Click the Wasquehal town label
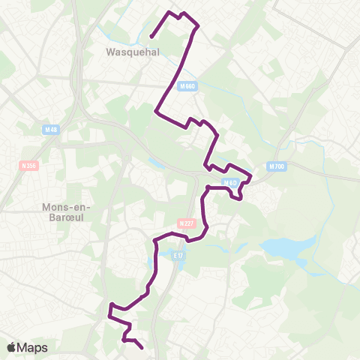(124, 53)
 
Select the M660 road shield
(187, 87)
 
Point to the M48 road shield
(51, 129)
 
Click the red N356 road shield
(30, 165)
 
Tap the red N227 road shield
(186, 223)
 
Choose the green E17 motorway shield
(178, 256)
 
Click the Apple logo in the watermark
(12, 347)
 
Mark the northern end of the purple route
(151, 36)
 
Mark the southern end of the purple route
(142, 347)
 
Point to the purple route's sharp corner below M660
(156, 112)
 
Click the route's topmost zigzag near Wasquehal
(181, 13)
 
